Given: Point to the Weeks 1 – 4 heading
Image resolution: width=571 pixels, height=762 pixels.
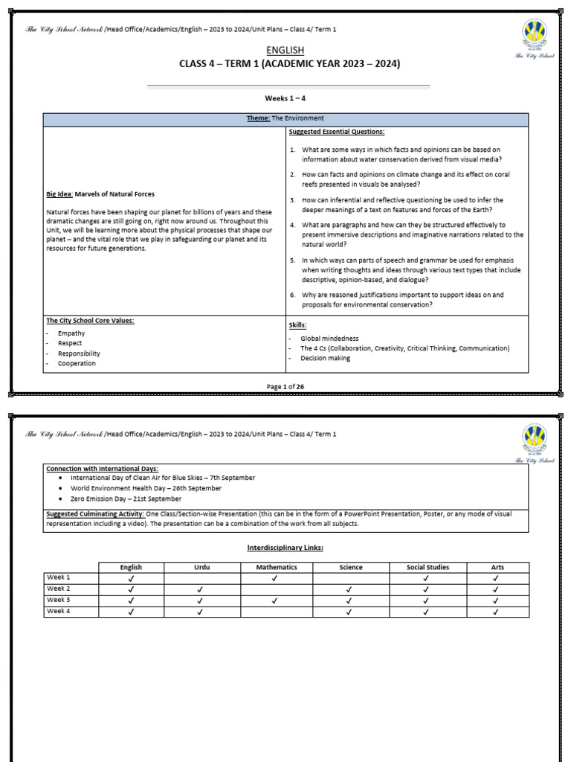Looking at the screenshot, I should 285,98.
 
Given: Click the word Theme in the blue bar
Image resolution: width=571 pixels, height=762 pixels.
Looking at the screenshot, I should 258,118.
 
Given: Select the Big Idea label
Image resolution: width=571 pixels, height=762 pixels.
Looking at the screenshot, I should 59,194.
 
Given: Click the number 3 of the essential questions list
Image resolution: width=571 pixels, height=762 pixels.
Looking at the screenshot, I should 293,200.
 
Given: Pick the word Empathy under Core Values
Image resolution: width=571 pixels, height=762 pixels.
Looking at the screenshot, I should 71,333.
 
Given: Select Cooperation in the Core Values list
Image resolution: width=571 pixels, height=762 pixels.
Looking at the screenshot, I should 77,364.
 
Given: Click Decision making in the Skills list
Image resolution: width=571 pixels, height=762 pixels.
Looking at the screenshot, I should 325,358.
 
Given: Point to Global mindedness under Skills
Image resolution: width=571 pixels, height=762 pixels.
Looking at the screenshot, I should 329,338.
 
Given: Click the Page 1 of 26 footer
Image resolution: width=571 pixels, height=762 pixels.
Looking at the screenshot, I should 285,385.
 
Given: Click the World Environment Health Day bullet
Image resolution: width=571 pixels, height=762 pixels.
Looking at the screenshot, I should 146,488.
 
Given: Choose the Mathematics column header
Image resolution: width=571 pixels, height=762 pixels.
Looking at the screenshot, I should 276,567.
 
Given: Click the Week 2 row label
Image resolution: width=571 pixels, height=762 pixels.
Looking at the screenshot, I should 59,588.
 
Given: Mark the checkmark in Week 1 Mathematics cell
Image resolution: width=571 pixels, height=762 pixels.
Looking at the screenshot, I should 276,577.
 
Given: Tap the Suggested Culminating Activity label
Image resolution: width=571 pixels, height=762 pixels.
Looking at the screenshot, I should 95,514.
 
